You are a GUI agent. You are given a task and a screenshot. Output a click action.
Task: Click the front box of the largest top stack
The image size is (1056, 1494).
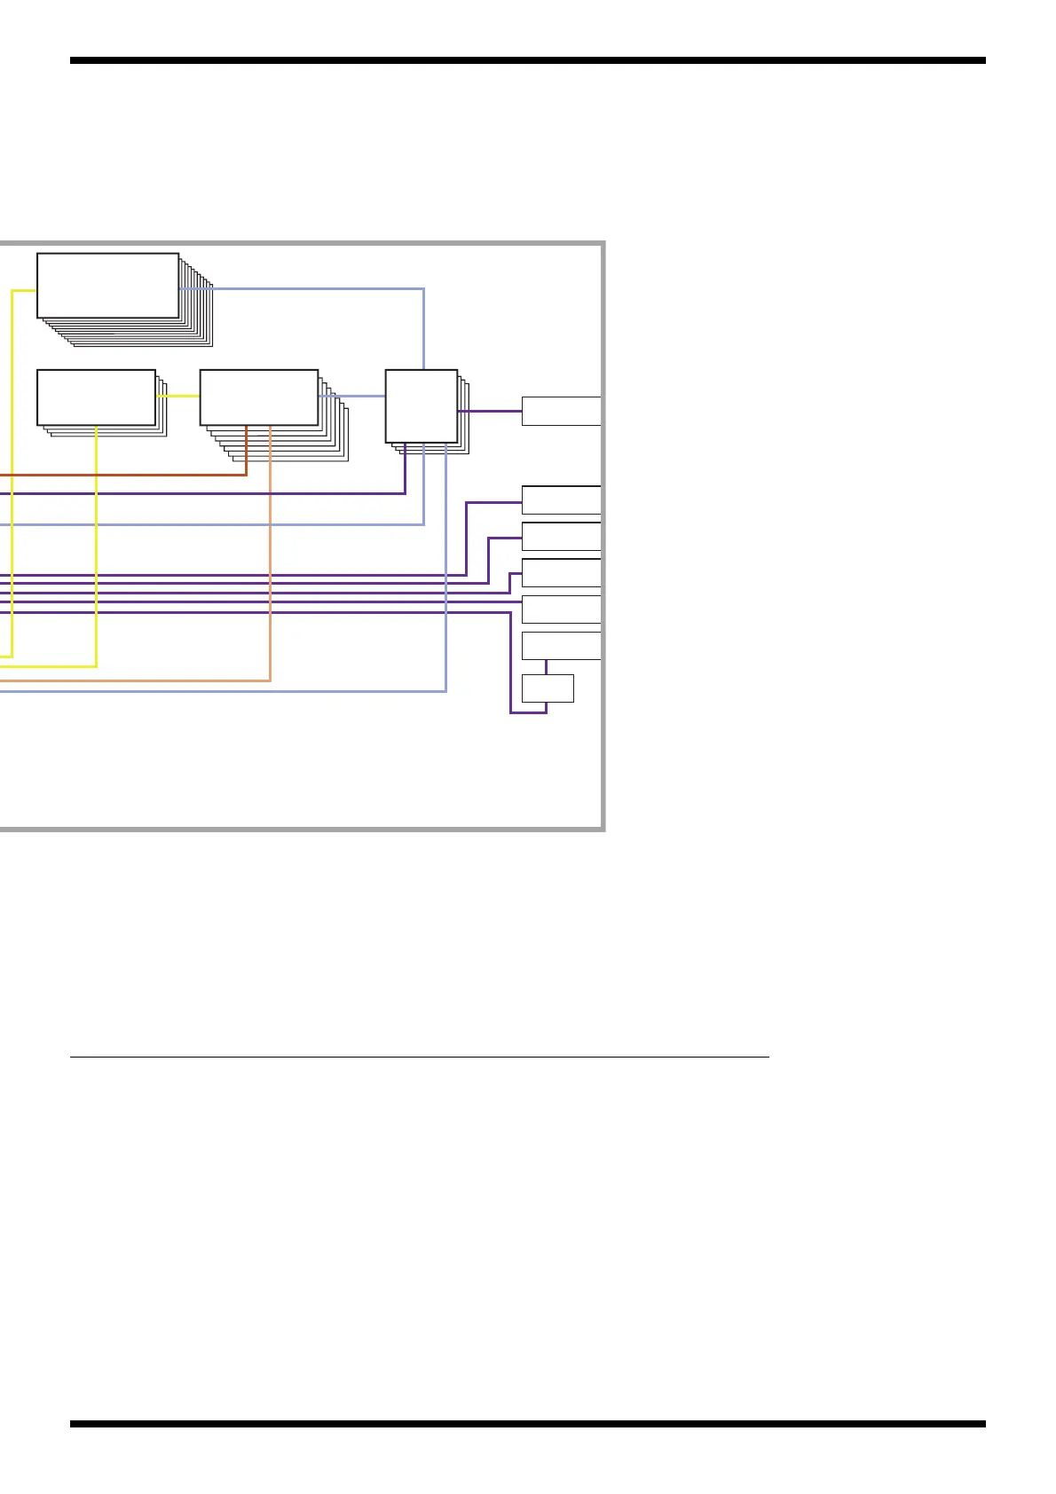point(107,285)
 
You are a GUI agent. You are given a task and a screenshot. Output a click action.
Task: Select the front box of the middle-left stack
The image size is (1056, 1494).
point(96,397)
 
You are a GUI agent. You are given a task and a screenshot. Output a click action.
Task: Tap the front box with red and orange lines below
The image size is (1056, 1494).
point(258,397)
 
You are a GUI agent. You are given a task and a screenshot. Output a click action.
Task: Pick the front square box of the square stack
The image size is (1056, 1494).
point(421,405)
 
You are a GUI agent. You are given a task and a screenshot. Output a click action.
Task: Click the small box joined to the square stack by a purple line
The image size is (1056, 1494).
point(561,412)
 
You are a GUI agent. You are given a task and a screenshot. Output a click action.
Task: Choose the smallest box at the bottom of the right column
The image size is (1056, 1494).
point(548,688)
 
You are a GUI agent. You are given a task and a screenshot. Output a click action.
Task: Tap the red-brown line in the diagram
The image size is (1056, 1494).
point(133,475)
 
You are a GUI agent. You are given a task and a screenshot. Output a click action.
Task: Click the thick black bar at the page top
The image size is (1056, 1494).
point(527,61)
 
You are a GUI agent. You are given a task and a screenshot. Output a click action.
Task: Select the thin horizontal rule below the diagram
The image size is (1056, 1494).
point(419,1057)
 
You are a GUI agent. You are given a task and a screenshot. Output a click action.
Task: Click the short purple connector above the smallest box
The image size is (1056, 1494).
point(546,667)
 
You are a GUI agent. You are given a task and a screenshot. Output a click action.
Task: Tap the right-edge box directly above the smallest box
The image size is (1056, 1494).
point(561,646)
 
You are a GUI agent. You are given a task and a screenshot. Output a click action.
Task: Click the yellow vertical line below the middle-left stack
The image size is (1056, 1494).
point(96,550)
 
